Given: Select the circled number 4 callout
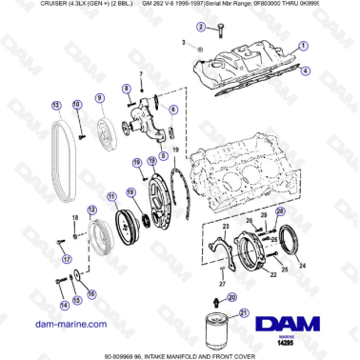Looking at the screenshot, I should coord(306,70).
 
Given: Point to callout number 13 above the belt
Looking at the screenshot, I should coord(56,105).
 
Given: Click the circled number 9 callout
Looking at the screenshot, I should coord(98,98).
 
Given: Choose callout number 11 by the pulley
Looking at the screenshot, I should coord(110,196).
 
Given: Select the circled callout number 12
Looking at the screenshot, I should coord(91,210).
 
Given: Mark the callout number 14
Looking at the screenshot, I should coord(64,305).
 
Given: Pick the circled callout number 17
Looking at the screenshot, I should coord(66,257).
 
